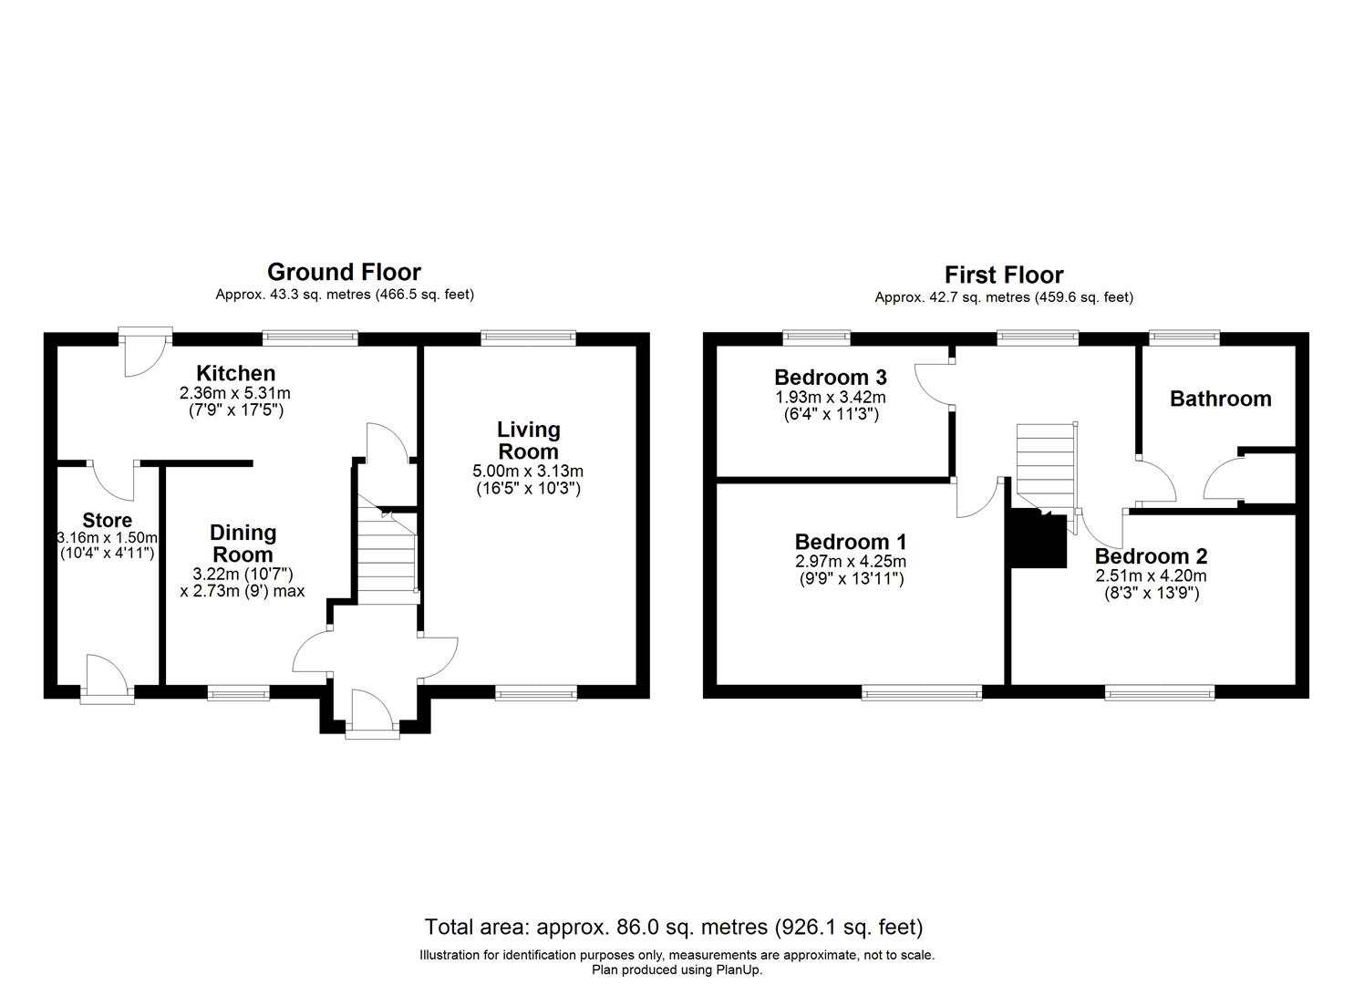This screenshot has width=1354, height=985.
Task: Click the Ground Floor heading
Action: tap(344, 272)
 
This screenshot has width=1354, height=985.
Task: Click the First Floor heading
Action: tap(1003, 275)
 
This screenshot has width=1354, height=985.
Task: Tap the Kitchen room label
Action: tap(236, 373)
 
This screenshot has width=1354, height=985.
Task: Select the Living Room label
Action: tap(528, 440)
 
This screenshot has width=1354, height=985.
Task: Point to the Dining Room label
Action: tap(243, 544)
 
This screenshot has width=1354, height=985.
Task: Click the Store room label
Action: tap(107, 521)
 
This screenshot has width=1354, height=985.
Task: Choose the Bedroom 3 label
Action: tap(830, 377)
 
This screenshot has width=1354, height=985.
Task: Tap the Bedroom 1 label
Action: tap(850, 542)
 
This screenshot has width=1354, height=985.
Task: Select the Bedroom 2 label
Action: tap(1151, 556)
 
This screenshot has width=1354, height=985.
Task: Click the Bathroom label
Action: tap(1220, 399)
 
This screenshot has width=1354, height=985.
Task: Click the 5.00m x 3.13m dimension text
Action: tap(528, 471)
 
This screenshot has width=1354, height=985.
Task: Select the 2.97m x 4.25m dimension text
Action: tap(850, 562)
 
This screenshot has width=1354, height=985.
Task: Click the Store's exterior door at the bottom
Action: tap(106, 679)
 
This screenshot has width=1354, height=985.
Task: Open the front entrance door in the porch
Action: tap(372, 711)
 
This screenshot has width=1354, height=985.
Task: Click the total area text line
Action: tap(674, 928)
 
